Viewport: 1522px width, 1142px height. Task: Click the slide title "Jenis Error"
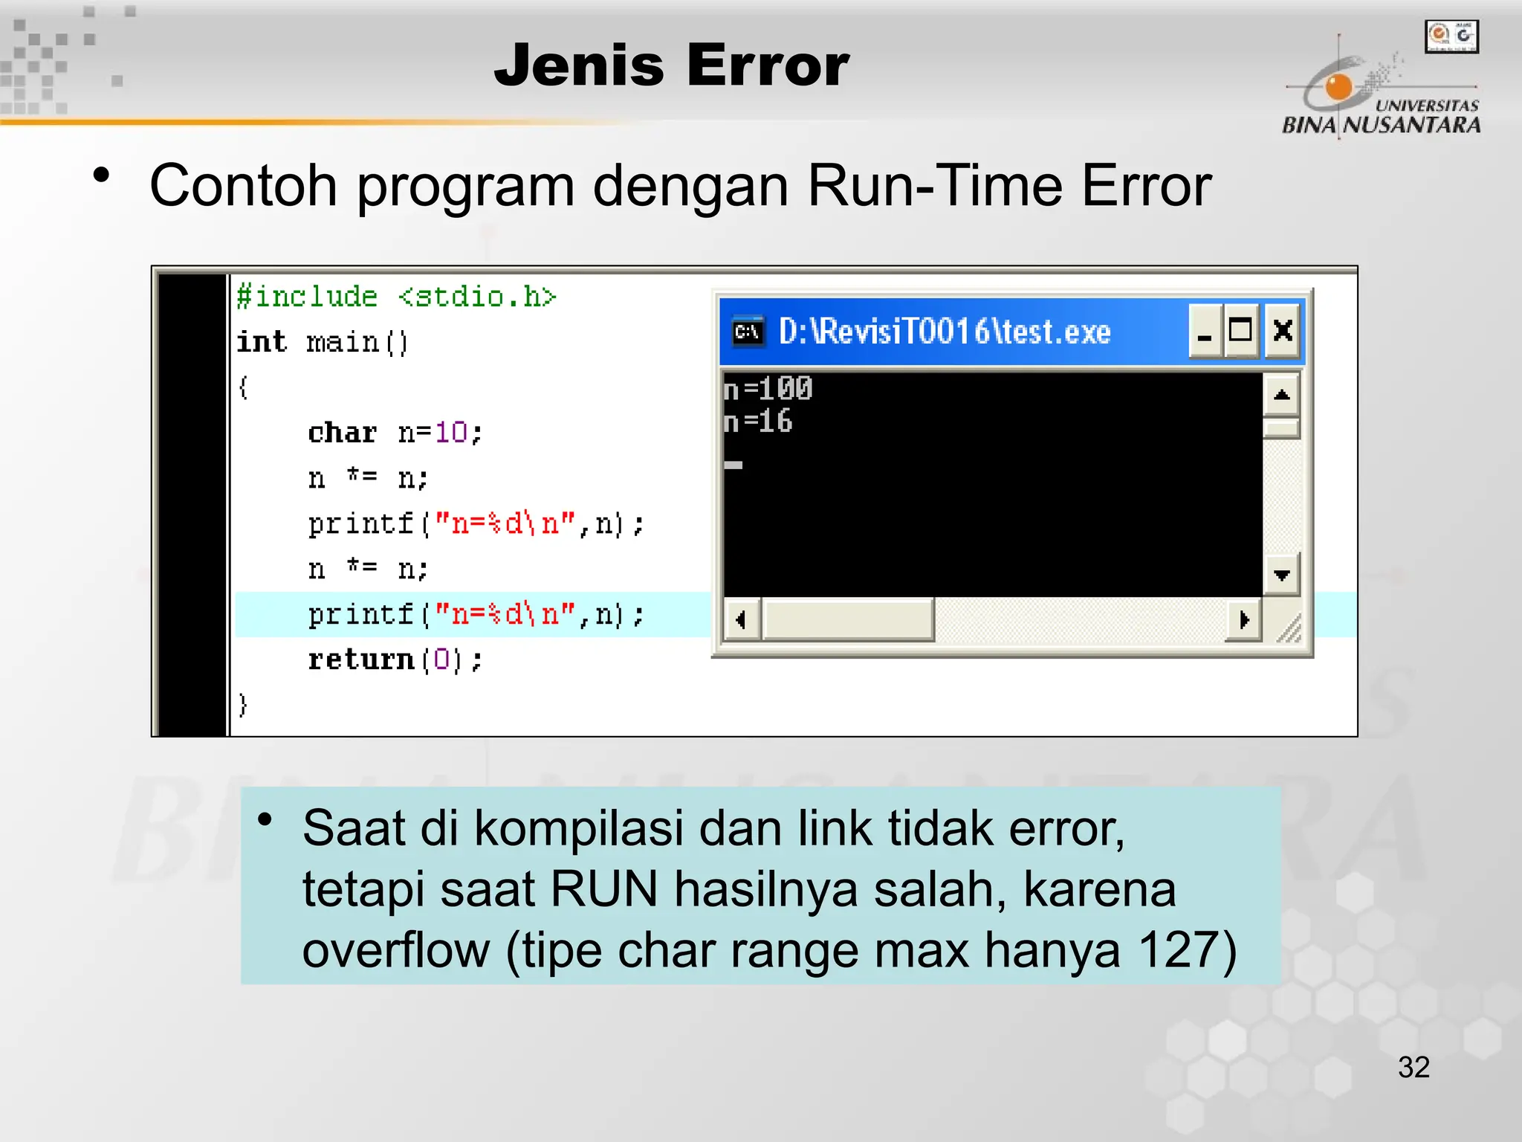pyautogui.click(x=671, y=65)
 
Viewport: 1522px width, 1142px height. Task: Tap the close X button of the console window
pyautogui.click(x=1282, y=331)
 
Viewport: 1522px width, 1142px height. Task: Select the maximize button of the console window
pyautogui.click(x=1240, y=331)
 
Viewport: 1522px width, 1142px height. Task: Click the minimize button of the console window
pyautogui.click(x=1205, y=331)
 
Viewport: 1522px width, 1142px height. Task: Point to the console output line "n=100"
pyautogui.click(x=768, y=389)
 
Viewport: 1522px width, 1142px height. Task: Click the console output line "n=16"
pyautogui.click(x=758, y=422)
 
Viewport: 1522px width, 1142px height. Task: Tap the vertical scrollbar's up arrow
pyautogui.click(x=1281, y=395)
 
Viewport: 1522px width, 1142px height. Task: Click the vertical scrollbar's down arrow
pyautogui.click(x=1281, y=575)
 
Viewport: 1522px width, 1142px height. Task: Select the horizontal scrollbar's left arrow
pyautogui.click(x=741, y=619)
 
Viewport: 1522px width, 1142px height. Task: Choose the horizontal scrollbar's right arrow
pyautogui.click(x=1244, y=619)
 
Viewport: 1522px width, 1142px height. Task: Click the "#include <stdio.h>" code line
pyautogui.click(x=396, y=297)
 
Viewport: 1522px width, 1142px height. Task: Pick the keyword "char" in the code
pyautogui.click(x=343, y=433)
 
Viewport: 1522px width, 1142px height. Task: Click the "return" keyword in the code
pyautogui.click(x=361, y=659)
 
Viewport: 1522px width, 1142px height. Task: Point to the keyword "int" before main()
pyautogui.click(x=262, y=342)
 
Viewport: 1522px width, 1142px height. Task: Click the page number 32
pyautogui.click(x=1413, y=1068)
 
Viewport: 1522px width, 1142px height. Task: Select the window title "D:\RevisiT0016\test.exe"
pyautogui.click(x=944, y=332)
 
